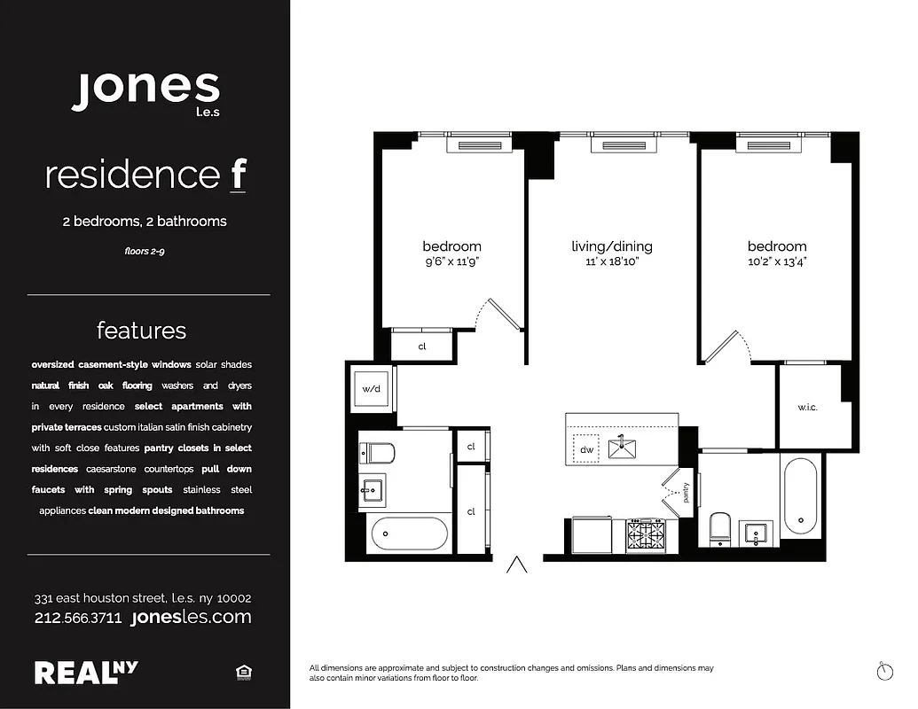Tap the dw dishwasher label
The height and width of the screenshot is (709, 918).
(x=586, y=450)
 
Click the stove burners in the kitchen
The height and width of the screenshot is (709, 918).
(x=647, y=534)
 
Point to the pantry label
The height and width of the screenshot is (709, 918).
(x=685, y=493)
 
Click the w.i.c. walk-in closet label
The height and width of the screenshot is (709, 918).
(x=806, y=408)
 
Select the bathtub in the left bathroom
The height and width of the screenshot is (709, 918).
(x=409, y=534)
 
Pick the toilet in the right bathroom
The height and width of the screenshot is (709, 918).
(x=719, y=528)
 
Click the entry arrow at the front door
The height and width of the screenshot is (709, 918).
(x=517, y=565)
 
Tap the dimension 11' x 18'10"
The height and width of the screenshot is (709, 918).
(x=611, y=261)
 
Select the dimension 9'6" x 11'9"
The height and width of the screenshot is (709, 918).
(x=451, y=261)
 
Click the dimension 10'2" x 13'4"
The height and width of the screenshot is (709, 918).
(x=777, y=261)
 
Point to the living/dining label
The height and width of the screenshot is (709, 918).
(x=611, y=246)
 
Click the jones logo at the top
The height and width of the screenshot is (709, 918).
(x=145, y=91)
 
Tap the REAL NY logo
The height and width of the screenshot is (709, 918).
(x=86, y=672)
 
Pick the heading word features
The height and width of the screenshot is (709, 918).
(x=142, y=331)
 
